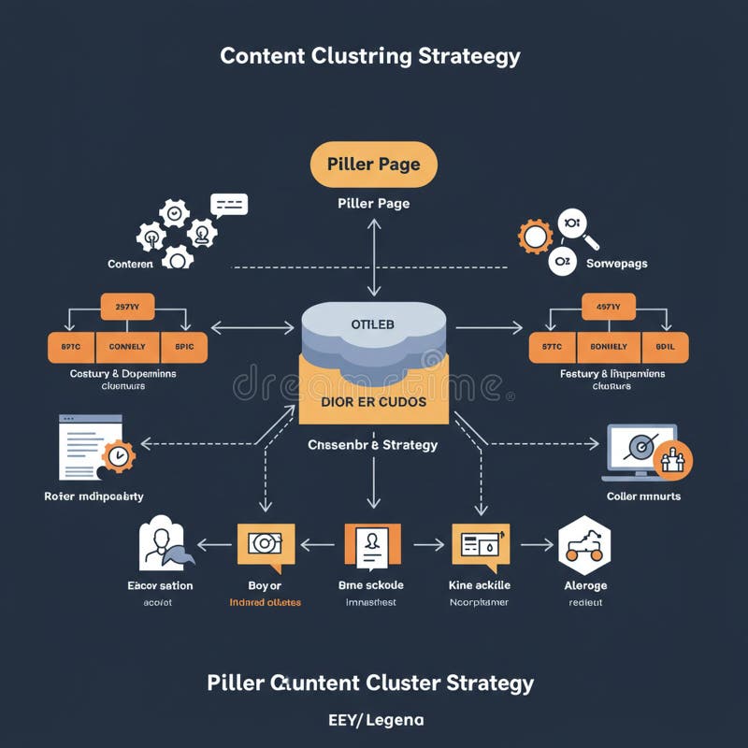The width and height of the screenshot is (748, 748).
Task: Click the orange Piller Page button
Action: (373, 165)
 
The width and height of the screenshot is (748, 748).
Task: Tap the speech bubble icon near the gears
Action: (229, 205)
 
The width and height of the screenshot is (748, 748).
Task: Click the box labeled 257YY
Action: (127, 306)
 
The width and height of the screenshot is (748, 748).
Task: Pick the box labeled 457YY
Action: (608, 306)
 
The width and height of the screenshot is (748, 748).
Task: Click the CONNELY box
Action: (127, 347)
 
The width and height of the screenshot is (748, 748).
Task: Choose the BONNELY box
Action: (608, 347)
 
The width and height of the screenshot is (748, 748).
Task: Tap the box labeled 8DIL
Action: (664, 347)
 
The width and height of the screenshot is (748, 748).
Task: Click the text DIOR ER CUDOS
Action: (373, 401)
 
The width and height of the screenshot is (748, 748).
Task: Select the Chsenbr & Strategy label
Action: (373, 445)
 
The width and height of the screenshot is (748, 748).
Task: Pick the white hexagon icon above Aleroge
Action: (584, 544)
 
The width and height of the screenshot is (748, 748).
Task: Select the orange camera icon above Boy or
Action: (266, 544)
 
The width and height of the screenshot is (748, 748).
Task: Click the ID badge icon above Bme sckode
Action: (373, 546)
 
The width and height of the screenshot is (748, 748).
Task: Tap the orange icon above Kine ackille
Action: (481, 546)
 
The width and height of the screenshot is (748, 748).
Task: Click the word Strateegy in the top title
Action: (469, 56)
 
